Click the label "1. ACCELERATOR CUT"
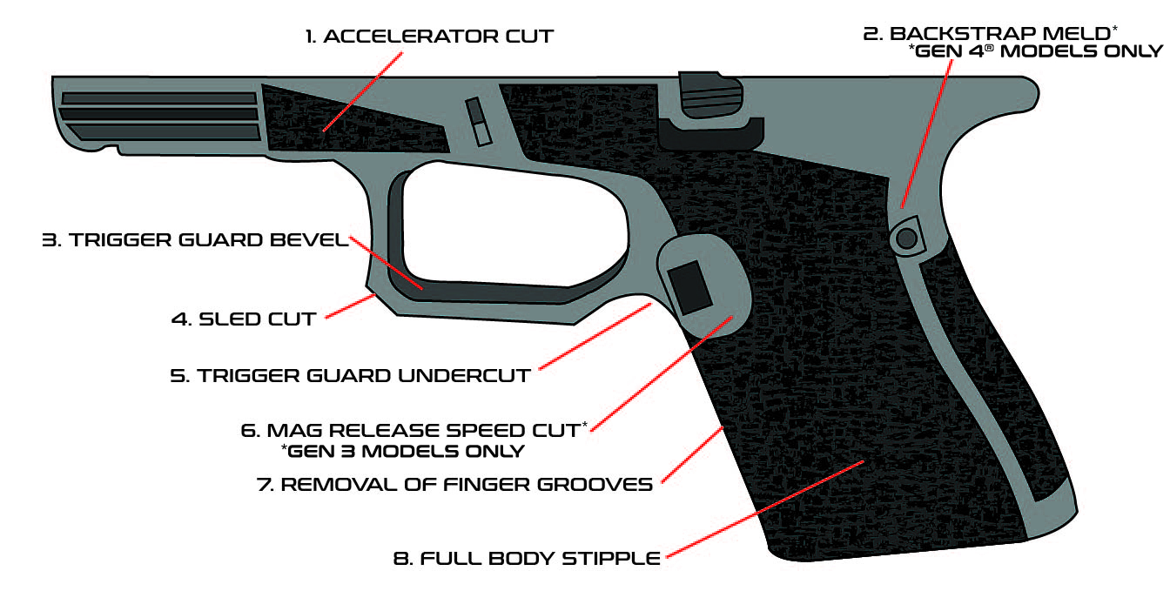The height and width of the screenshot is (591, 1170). click(x=428, y=37)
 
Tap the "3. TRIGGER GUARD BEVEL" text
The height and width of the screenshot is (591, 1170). click(x=195, y=240)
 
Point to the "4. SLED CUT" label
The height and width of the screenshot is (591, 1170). click(x=243, y=319)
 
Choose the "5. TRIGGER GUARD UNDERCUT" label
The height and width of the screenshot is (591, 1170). click(x=350, y=376)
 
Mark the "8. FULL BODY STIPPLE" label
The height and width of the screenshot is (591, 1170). click(x=528, y=559)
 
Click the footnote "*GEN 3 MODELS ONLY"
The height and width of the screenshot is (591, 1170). click(x=402, y=451)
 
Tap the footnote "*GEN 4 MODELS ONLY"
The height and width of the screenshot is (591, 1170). click(x=1035, y=51)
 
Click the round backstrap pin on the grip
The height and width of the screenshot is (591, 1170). click(x=906, y=236)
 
